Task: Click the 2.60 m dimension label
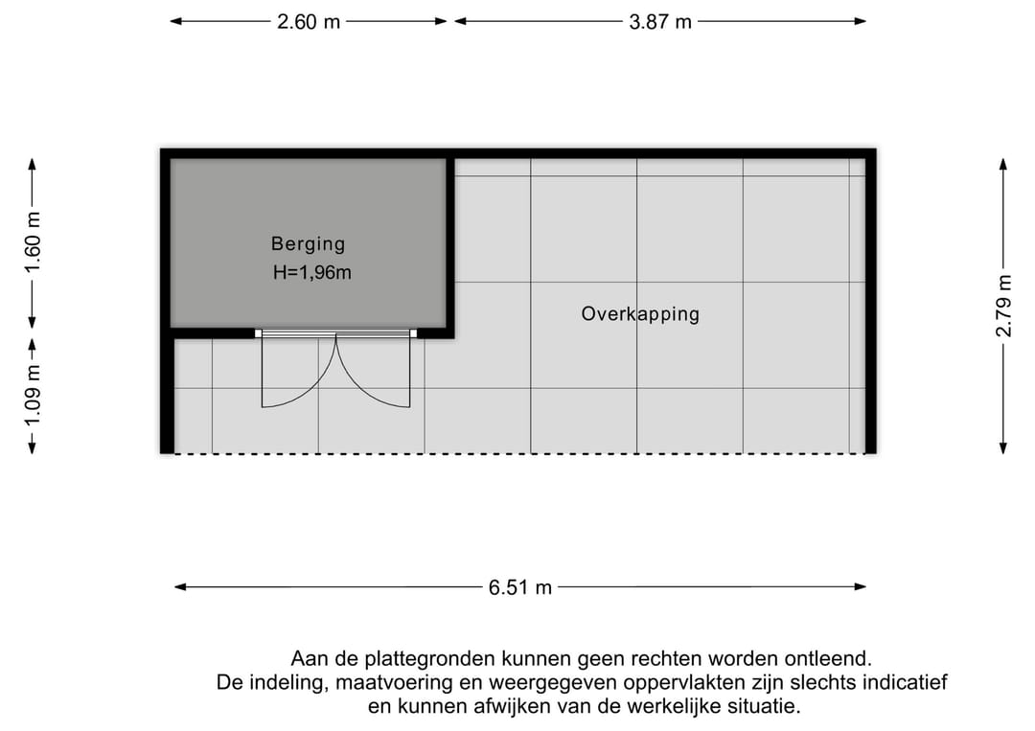[x=309, y=22]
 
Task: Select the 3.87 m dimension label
[x=660, y=22]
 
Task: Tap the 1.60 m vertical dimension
[x=33, y=242]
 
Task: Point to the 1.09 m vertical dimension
[x=33, y=395]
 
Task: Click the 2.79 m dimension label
[x=1003, y=307]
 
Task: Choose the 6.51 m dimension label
[x=520, y=587]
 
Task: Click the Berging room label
[x=309, y=244]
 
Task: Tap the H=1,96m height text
[x=312, y=272]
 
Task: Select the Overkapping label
[x=640, y=313]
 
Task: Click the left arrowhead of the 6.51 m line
[x=180, y=587]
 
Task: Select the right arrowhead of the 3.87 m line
[x=860, y=21]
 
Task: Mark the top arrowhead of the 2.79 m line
[x=1003, y=164]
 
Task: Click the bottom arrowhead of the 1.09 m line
[x=32, y=448]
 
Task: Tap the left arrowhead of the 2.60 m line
[x=176, y=21]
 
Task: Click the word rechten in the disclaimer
[x=667, y=659]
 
